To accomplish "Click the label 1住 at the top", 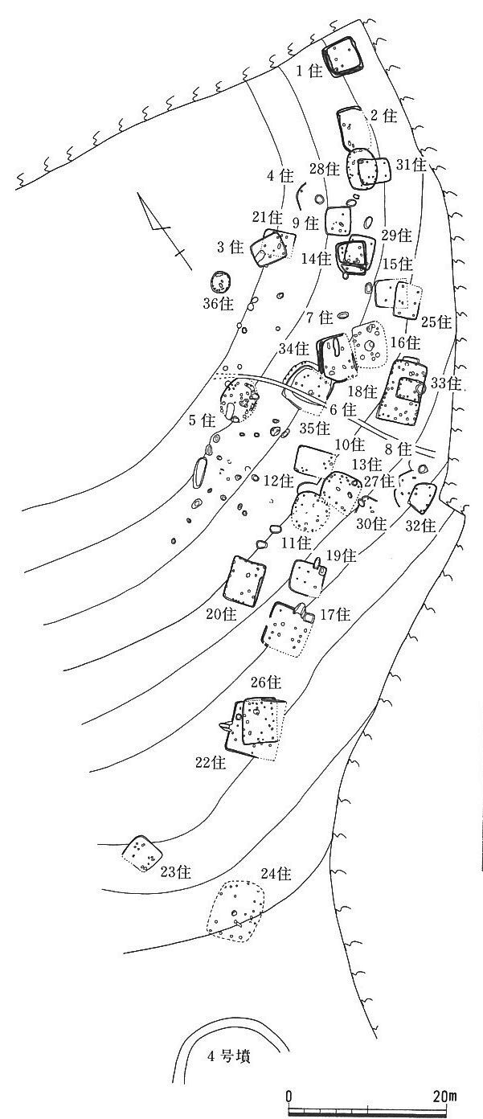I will click(x=309, y=72).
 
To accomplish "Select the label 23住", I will click(x=175, y=873).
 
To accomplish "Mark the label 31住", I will click(x=411, y=165).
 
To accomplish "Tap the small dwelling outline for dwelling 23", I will click(x=142, y=853).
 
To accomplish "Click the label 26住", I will click(x=264, y=682).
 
